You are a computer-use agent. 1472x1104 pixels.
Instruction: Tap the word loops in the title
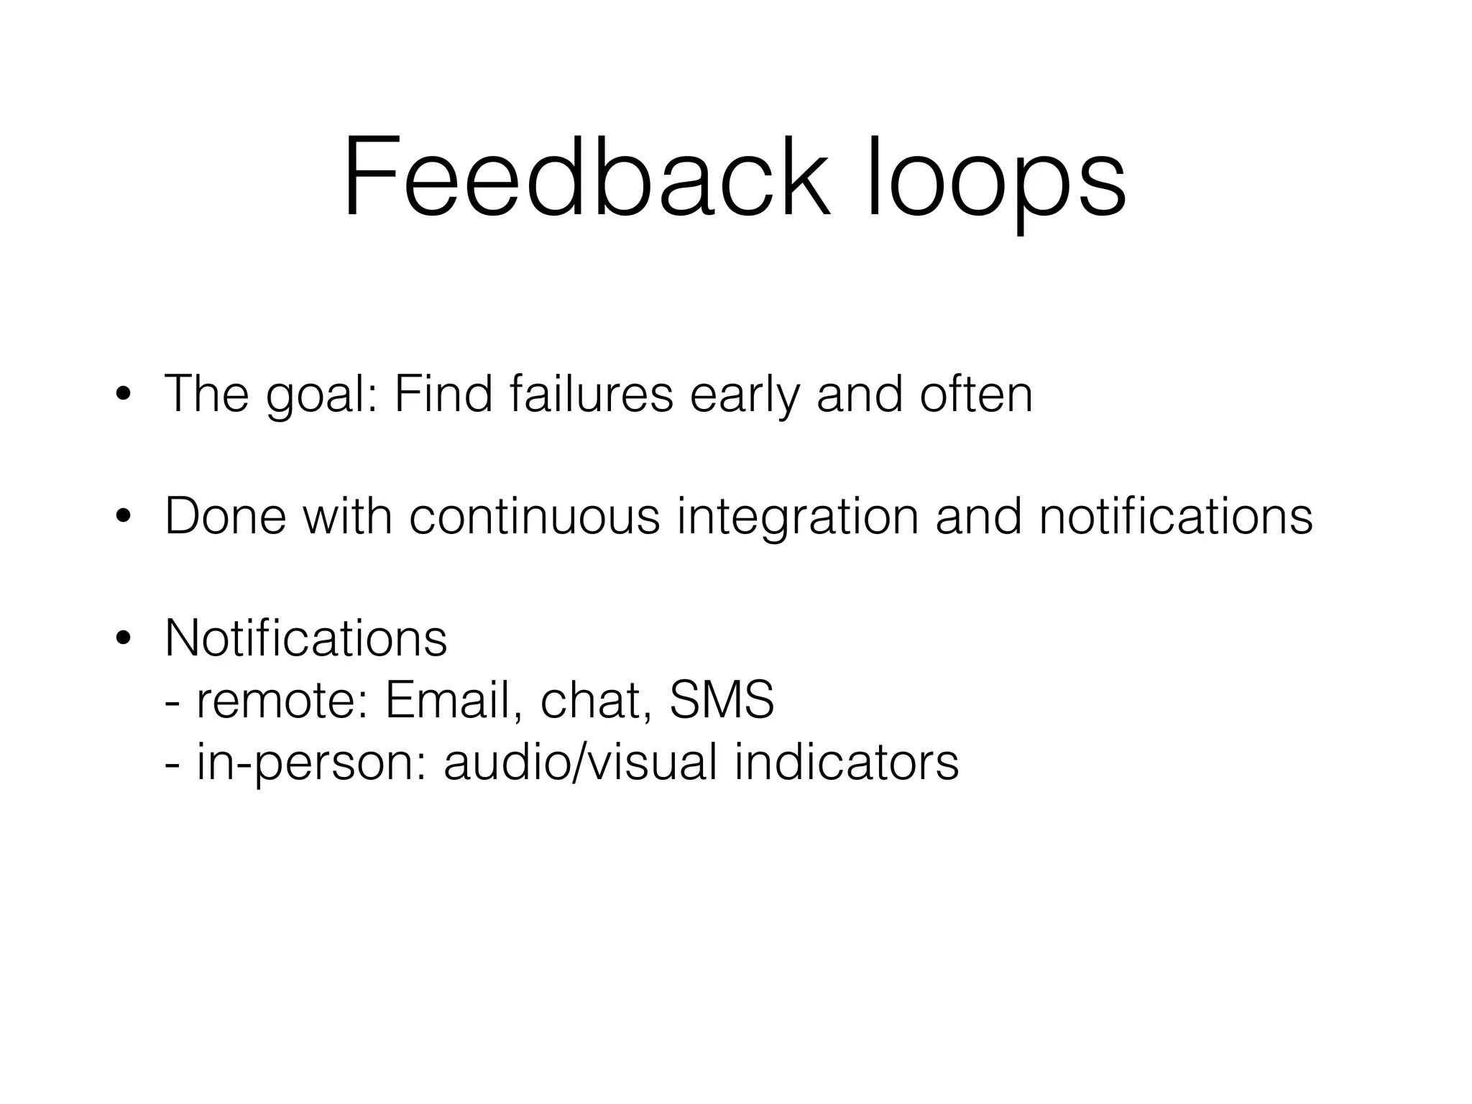tap(995, 180)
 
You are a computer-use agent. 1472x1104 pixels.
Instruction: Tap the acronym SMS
tap(722, 700)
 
